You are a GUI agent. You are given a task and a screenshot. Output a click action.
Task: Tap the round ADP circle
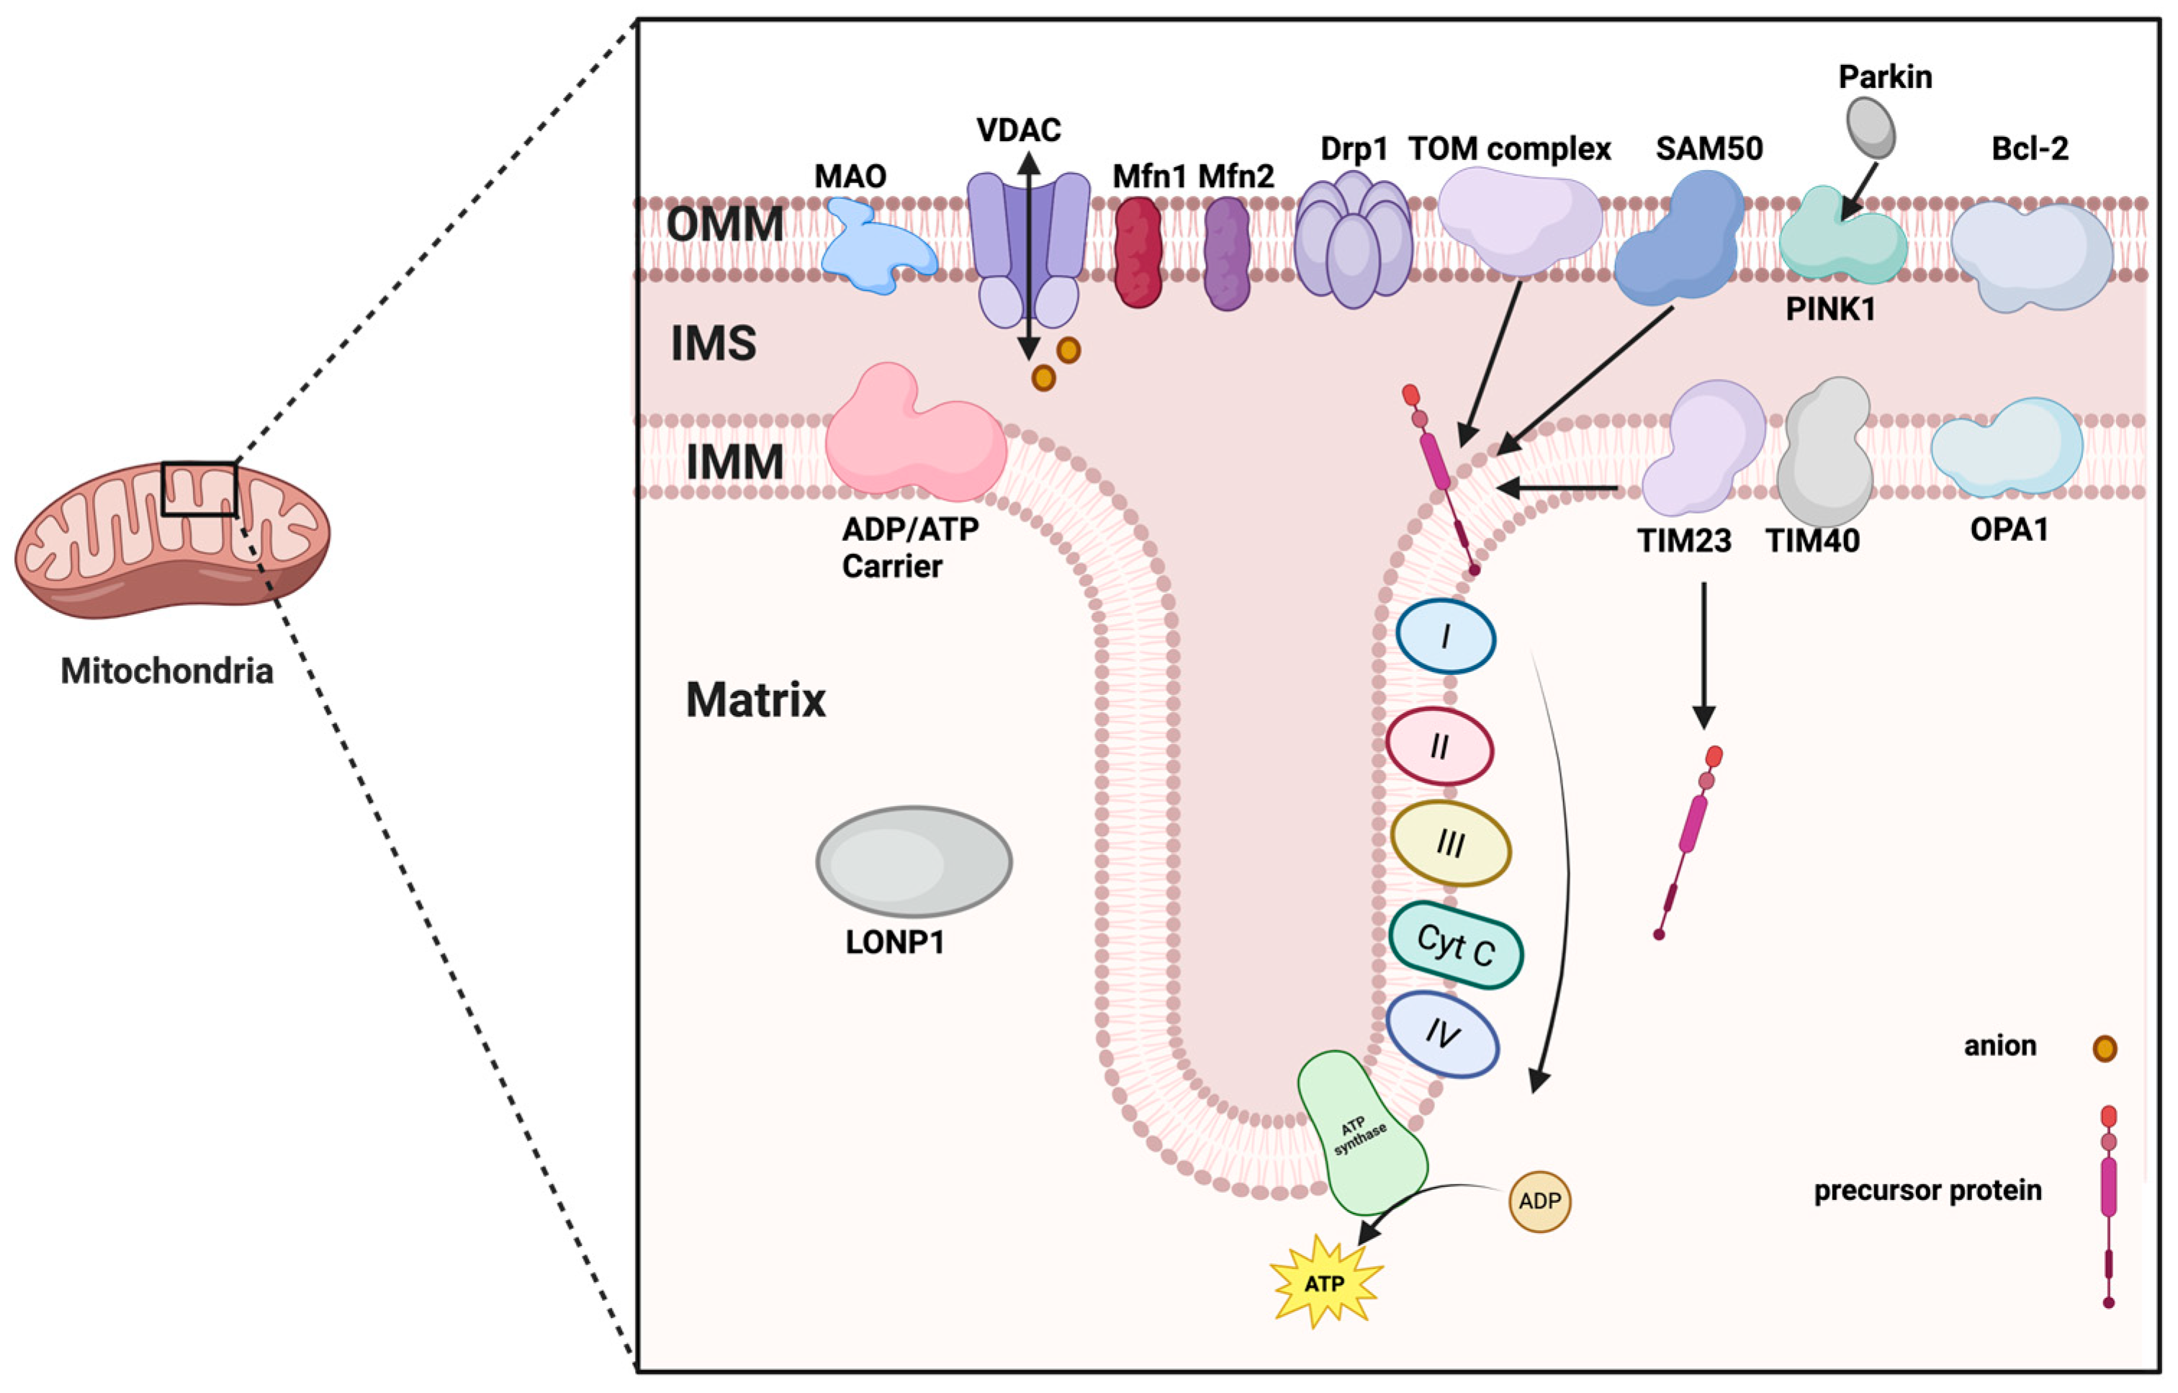tap(1539, 1201)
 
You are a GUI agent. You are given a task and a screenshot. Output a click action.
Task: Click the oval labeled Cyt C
tap(1455, 946)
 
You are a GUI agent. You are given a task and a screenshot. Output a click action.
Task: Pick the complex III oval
tap(1450, 844)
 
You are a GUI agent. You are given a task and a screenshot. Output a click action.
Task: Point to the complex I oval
tap(1445, 637)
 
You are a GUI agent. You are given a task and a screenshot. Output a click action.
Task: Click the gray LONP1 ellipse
tap(914, 861)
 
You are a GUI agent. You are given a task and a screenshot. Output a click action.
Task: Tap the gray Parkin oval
tap(1870, 127)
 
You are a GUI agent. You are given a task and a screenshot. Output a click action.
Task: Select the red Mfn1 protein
tap(1138, 252)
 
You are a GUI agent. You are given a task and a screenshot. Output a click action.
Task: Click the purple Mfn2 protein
tap(1228, 254)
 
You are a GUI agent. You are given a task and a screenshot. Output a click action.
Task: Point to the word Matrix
tap(755, 700)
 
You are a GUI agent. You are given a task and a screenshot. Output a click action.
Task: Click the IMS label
tap(713, 344)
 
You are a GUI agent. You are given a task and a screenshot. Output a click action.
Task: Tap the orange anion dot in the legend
tap(2105, 1047)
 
